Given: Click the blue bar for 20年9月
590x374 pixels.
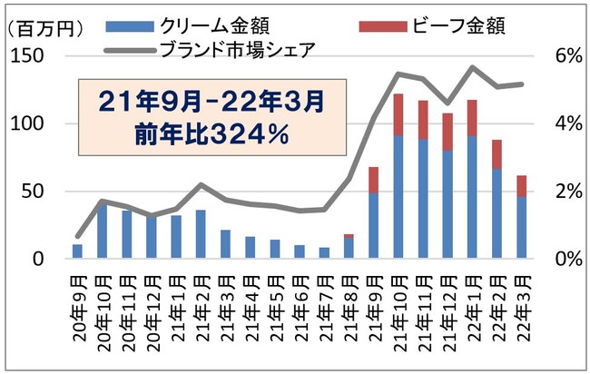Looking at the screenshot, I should pos(77,251).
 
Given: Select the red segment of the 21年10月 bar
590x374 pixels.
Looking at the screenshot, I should pos(398,114).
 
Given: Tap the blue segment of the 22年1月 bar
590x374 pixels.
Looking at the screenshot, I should pos(472,197).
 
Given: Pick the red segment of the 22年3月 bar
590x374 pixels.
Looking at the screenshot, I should pos(521,185).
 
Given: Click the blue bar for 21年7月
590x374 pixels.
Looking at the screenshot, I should pos(324,253).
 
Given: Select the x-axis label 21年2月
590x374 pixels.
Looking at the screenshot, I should pos(201,309).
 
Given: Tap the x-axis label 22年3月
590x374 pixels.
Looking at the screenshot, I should pos(521,309).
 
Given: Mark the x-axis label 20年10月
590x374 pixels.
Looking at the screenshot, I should pos(102,311).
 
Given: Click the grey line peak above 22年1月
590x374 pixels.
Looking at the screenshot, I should pos(472,67).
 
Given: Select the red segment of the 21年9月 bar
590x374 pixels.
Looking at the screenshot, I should pos(373,180).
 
